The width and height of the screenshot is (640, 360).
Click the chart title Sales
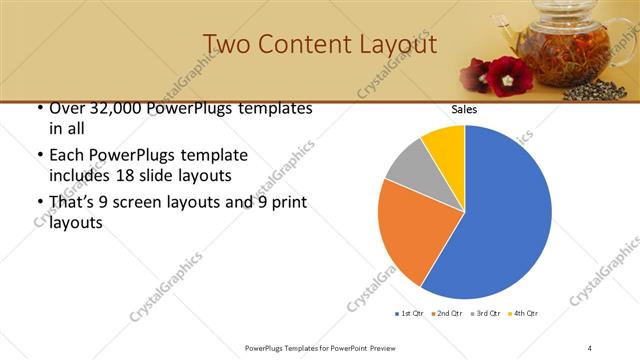coord(464,109)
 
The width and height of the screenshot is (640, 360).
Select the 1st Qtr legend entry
coord(409,314)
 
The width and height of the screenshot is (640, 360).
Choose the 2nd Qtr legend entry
coord(447,314)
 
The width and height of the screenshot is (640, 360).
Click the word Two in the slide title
coord(226,45)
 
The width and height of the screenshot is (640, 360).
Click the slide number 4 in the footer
coord(590,347)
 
